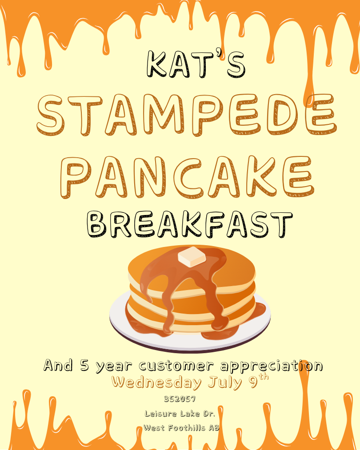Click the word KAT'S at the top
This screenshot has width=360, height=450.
pyautogui.click(x=196, y=64)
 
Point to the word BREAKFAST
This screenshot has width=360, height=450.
pyautogui.click(x=190, y=225)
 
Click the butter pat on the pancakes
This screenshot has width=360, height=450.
pyautogui.click(x=192, y=257)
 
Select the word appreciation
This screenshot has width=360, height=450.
pyautogui.click(x=271, y=366)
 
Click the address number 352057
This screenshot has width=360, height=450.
pyautogui.click(x=180, y=399)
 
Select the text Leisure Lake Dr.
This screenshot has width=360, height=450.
pyautogui.click(x=180, y=414)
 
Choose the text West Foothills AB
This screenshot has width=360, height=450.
pyautogui.click(x=181, y=428)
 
